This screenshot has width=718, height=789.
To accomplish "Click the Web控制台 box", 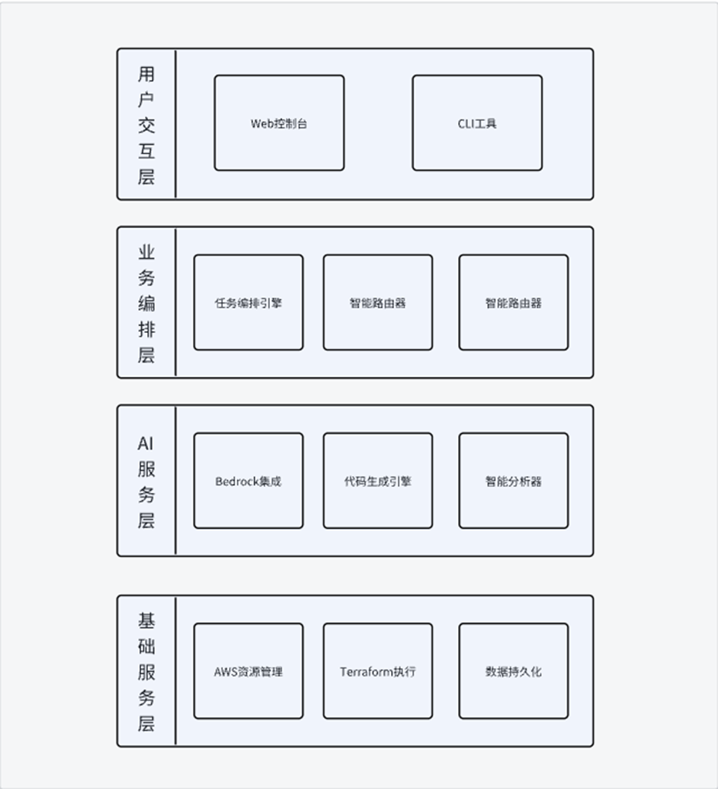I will click(279, 123).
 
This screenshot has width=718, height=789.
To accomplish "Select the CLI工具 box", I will click(477, 123).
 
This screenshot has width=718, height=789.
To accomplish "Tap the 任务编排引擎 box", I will click(248, 303).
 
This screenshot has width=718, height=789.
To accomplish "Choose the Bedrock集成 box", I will click(248, 481).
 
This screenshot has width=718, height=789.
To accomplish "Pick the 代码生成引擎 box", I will click(378, 481).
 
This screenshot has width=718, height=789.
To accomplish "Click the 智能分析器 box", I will click(514, 481).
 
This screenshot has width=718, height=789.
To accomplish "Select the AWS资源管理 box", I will click(248, 671).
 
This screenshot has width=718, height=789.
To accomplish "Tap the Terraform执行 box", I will click(378, 671).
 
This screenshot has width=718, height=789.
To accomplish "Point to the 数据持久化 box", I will click(514, 671).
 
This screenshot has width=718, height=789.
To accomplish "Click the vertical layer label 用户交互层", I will click(147, 125).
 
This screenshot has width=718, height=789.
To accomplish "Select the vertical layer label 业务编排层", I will click(147, 303).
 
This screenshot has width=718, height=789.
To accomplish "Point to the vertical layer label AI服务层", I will click(147, 481).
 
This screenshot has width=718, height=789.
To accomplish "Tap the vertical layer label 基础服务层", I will click(147, 671).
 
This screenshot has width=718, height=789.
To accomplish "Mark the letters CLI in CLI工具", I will click(466, 123).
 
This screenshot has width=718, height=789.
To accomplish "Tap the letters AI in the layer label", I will click(147, 444).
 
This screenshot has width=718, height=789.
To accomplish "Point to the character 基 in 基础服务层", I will click(147, 620).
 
